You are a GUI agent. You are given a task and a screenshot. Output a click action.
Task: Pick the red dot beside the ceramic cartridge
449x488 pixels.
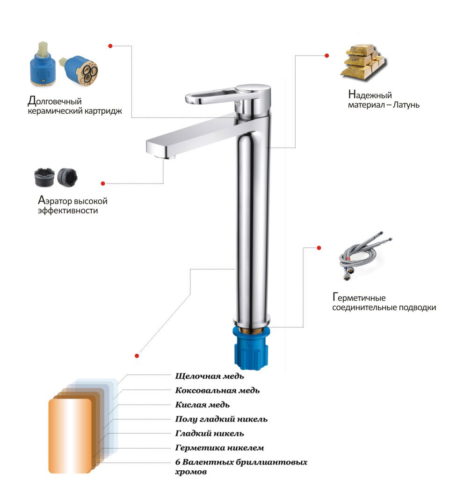110,46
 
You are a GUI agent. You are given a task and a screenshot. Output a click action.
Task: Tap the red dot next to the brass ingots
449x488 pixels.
327,56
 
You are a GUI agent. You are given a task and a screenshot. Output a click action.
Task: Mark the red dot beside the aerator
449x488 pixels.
103,183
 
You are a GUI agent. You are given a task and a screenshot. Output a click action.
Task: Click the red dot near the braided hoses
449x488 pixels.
319,248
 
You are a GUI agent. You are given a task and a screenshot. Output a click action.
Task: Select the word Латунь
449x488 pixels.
406,105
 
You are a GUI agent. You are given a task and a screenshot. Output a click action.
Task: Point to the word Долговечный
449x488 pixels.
55,101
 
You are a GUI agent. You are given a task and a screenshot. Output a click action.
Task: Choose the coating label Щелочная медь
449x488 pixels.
210,376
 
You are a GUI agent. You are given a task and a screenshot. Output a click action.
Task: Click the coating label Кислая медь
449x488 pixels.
202,405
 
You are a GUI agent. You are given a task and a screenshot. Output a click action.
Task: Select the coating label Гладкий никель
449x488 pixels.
210,434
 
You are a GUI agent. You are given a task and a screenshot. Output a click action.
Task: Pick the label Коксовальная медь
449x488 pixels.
217,391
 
